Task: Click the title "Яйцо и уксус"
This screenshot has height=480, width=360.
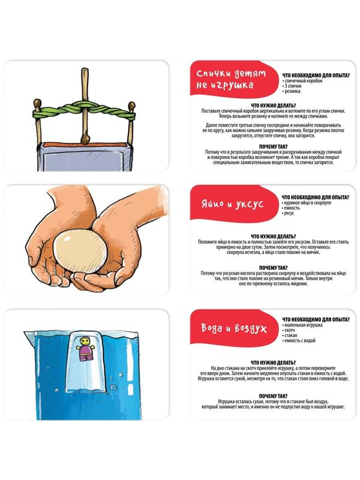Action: (232, 204)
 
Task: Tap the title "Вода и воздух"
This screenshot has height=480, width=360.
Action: (234, 328)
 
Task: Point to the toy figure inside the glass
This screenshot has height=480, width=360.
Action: (84, 349)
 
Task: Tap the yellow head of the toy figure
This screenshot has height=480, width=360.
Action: (84, 340)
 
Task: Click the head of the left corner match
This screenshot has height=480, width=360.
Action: (37, 103)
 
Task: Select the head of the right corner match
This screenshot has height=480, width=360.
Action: (131, 106)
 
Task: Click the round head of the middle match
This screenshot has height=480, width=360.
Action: (85, 140)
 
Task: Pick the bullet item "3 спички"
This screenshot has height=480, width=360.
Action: (292, 86)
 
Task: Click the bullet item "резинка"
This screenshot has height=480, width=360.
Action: (292, 91)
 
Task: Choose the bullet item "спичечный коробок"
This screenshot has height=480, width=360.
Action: (302, 81)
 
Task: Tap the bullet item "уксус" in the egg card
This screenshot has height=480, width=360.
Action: (288, 213)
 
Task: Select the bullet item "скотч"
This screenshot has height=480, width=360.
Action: (289, 330)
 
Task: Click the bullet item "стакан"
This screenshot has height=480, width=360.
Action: (290, 335)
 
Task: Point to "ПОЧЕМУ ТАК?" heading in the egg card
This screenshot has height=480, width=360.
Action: (274, 268)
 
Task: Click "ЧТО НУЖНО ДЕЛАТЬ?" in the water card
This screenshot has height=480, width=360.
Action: (274, 363)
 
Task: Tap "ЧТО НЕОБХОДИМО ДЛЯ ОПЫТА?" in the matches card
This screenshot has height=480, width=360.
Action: (316, 76)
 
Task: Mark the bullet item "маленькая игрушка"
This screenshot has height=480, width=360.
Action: (302, 325)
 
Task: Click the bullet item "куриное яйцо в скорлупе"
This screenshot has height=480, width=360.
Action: (307, 203)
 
